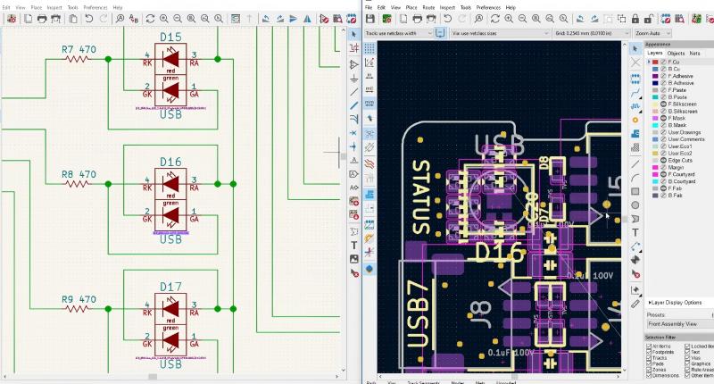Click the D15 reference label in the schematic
pos(170,36)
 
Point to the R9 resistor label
pos(78,299)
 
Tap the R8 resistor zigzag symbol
pos(78,184)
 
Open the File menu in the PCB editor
pos(368,6)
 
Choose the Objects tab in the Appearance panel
pos(676,53)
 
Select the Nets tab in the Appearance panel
pos(694,53)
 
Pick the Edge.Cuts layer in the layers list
pos(681,160)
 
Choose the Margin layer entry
pos(677,167)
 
